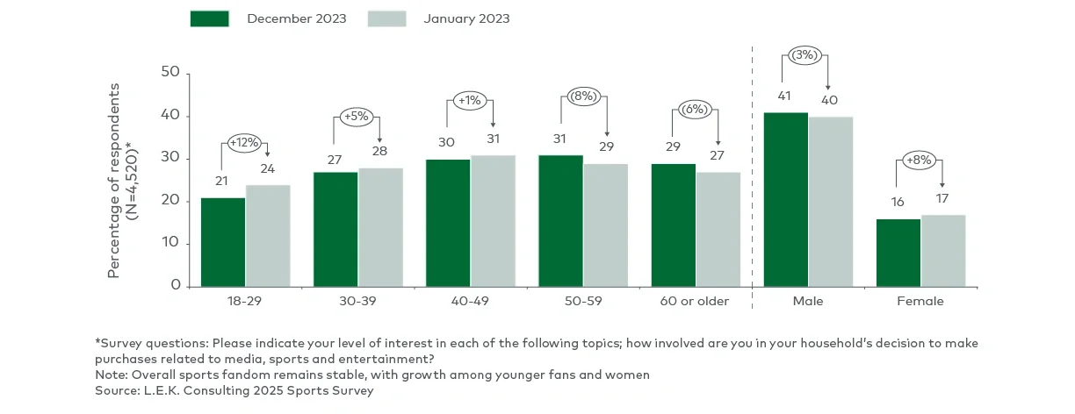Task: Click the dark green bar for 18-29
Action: click(223, 242)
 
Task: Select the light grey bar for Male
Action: click(830, 202)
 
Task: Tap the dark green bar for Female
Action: click(898, 253)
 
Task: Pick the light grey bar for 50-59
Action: click(605, 225)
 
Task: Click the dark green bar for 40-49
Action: click(448, 223)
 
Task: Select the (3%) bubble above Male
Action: click(805, 54)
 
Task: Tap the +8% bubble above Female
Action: click(920, 160)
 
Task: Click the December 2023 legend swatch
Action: click(209, 18)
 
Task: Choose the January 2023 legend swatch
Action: click(386, 18)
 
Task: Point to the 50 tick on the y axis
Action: click(170, 74)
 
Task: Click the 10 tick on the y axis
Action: click(170, 244)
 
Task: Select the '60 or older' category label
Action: click(695, 301)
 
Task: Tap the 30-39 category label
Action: click(357, 301)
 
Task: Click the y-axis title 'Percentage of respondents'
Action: click(113, 180)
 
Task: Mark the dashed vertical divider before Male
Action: click(752, 175)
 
